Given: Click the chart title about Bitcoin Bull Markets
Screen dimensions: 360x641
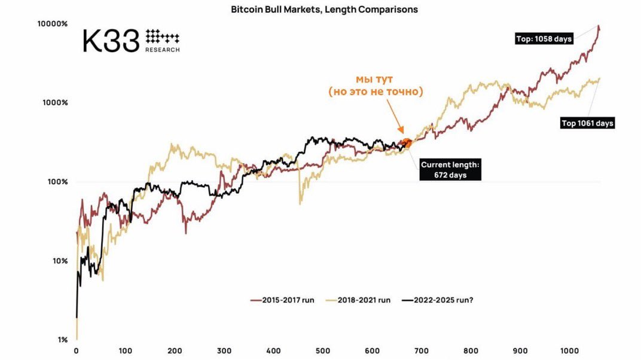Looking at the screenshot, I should [325, 10].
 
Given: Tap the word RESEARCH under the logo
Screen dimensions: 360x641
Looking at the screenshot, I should [162, 50].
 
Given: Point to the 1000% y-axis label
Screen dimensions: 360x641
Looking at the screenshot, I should [56, 103].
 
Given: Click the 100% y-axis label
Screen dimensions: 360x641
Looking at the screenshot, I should [57, 182].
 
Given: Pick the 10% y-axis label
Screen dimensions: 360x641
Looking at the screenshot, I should [59, 261].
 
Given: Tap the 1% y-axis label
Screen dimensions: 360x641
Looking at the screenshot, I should [62, 340].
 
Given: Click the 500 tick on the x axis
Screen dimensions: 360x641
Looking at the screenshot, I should [323, 350].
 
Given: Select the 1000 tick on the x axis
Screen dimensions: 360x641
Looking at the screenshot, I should [569, 350].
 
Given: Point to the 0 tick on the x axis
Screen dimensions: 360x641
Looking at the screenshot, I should [76, 350].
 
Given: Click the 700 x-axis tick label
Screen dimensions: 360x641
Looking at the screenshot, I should [422, 350].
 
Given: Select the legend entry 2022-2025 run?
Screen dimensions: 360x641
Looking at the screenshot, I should [436, 300].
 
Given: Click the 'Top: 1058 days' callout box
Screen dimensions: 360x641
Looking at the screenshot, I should [544, 39].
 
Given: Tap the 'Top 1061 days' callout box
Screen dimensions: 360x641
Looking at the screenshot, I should [587, 123].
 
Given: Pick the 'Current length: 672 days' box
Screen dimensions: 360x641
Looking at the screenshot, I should [450, 170].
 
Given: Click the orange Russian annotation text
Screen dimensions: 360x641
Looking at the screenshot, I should [376, 86].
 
